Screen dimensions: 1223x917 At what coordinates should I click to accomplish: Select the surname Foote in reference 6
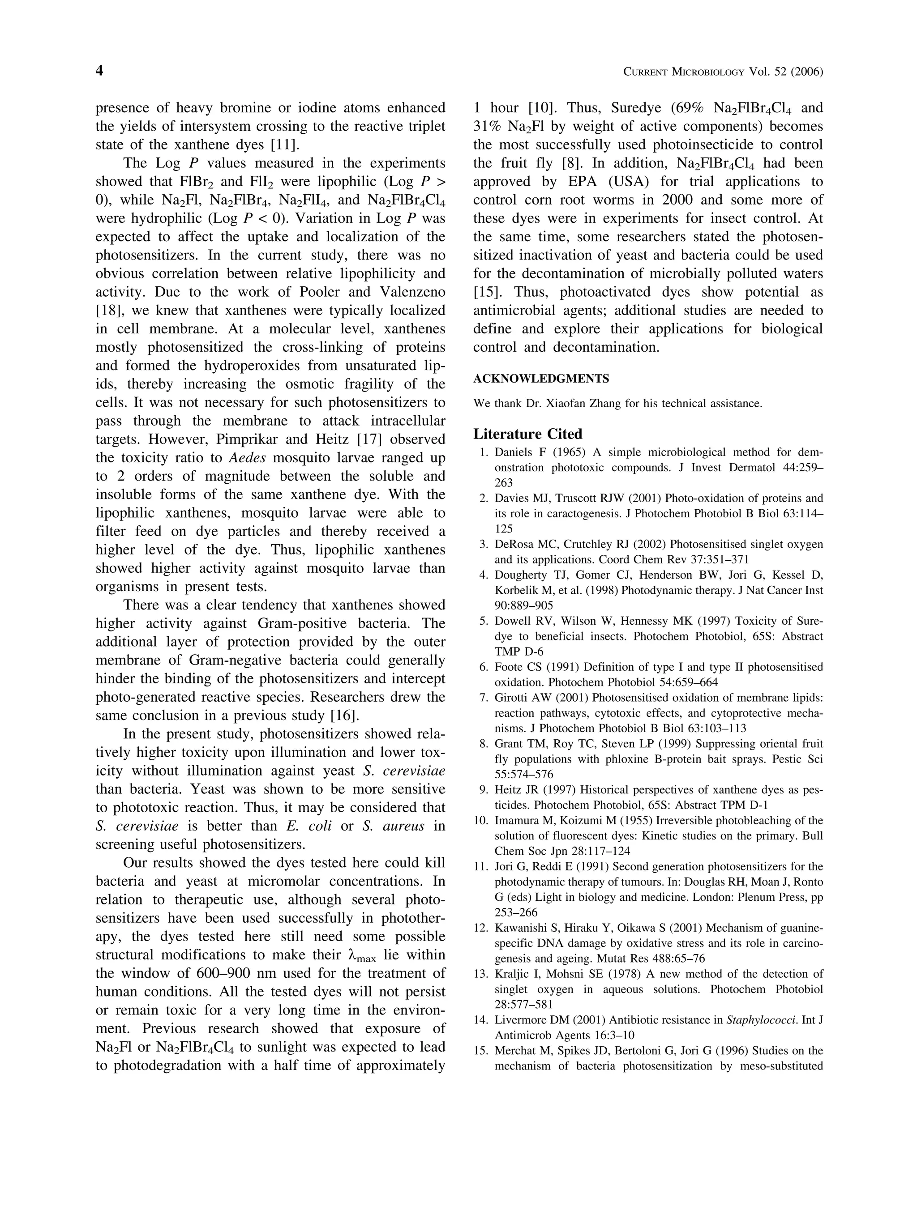(509, 667)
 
